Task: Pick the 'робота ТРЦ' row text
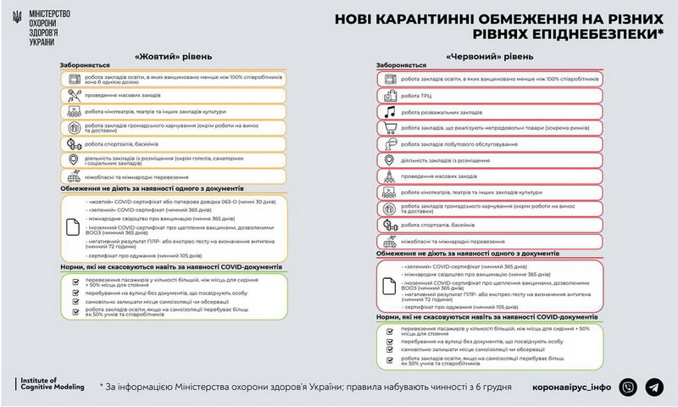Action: click(414, 95)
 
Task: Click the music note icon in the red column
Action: click(389, 111)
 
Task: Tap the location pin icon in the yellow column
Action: click(75, 159)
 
